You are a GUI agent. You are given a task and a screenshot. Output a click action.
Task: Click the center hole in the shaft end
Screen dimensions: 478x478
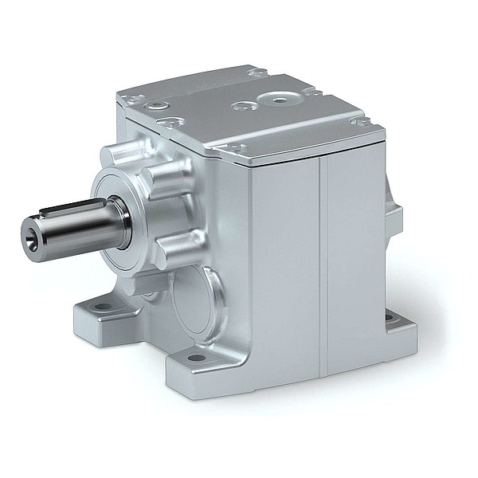(x=30, y=234)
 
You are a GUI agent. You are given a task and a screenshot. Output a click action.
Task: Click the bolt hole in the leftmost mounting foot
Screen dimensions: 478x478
(x=102, y=306)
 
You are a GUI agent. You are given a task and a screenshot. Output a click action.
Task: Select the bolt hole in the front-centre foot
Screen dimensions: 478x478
(x=195, y=358)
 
